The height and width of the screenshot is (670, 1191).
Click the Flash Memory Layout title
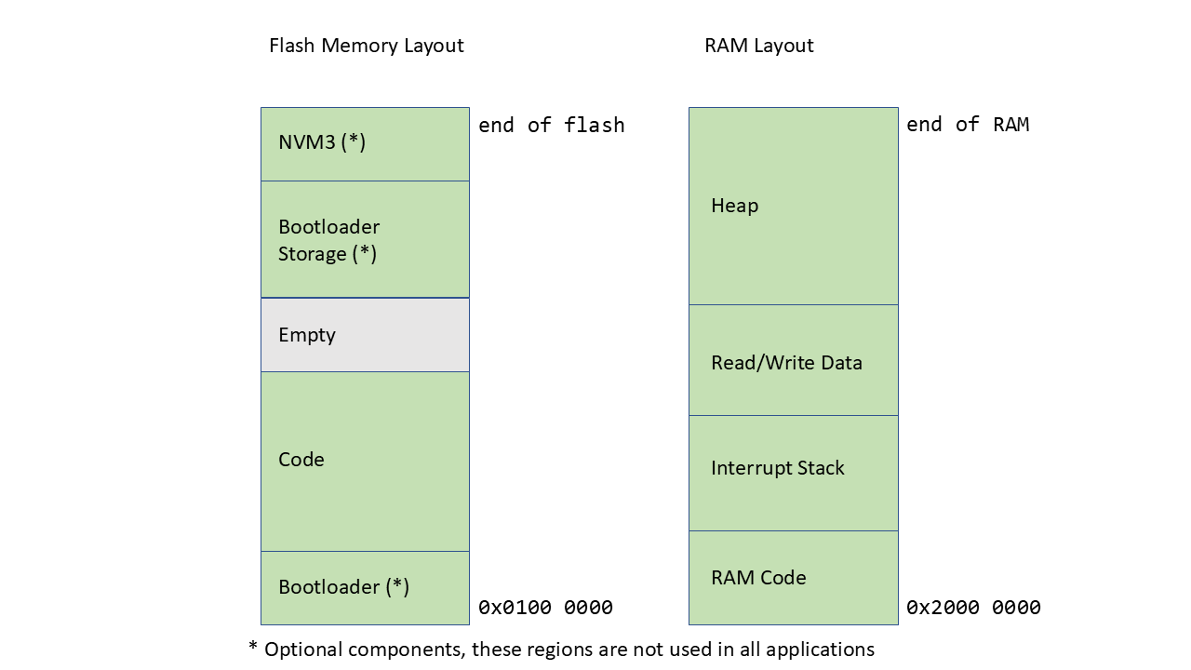click(366, 46)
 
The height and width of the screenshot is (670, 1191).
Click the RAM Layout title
click(758, 46)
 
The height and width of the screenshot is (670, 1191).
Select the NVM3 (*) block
click(365, 143)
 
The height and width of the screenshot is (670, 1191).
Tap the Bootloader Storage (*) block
click(365, 239)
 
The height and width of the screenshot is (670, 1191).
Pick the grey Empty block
click(365, 335)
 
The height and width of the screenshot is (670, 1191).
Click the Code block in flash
click(365, 461)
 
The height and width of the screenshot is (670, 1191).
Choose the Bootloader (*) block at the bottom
click(365, 587)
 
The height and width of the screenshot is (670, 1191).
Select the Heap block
click(793, 206)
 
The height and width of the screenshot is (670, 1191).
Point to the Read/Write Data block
click(793, 360)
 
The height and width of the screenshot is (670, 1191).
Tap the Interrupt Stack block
click(793, 473)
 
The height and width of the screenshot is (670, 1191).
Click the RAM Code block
click(793, 578)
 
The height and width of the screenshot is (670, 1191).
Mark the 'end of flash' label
click(551, 125)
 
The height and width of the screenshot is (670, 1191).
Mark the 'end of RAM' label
click(968, 125)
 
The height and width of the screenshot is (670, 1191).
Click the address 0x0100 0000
click(545, 608)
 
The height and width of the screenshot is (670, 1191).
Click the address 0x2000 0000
click(973, 608)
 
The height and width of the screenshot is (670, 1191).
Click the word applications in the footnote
click(820, 650)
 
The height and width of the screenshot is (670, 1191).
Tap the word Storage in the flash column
click(312, 254)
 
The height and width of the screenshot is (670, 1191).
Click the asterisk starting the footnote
click(253, 647)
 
